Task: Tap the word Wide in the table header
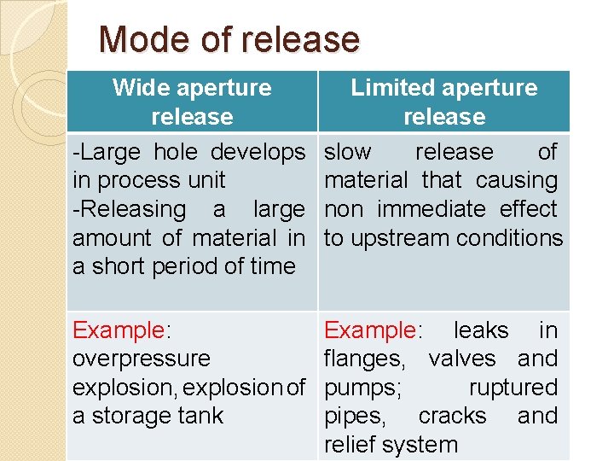(140, 87)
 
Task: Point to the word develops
(257, 152)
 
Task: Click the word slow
(348, 152)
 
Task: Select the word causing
(516, 180)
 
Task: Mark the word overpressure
(141, 359)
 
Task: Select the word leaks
(481, 330)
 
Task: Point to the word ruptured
(513, 388)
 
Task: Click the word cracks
(452, 416)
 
